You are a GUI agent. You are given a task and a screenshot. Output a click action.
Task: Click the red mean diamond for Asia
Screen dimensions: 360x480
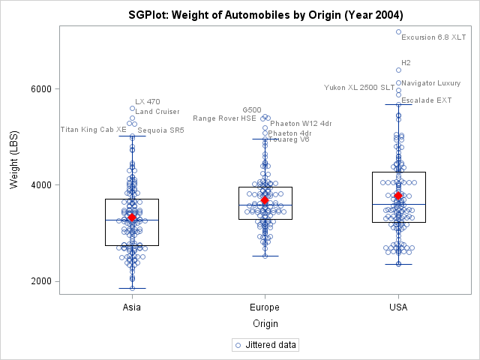point(132,217)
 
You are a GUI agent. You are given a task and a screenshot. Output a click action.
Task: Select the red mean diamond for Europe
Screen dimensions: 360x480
point(265,200)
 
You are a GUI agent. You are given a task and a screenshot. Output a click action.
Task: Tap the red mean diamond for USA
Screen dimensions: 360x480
point(398,196)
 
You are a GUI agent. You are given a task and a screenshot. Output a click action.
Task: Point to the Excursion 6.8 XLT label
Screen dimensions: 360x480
point(433,37)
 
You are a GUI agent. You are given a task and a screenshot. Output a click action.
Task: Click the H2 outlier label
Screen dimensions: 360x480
point(406,63)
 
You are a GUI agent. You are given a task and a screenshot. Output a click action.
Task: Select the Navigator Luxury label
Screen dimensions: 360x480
point(431,82)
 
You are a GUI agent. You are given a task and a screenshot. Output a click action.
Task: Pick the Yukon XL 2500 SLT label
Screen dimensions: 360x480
point(359,88)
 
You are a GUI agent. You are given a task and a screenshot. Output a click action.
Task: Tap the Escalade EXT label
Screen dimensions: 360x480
point(427,100)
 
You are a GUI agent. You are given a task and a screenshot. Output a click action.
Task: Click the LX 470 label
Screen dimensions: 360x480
point(148,102)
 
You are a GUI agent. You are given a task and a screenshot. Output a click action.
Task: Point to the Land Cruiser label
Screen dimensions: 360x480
point(157,112)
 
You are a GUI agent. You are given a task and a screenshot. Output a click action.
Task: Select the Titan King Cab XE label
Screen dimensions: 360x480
point(94,130)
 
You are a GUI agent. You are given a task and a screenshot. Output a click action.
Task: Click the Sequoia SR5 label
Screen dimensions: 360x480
point(161,130)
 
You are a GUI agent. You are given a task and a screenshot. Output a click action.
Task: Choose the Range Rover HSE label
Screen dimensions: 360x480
point(224,118)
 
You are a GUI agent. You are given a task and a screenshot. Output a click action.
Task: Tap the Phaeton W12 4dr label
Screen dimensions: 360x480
point(301,124)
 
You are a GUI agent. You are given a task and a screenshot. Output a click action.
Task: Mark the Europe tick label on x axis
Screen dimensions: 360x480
point(265,307)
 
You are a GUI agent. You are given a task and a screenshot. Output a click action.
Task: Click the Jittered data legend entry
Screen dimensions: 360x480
point(266,345)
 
